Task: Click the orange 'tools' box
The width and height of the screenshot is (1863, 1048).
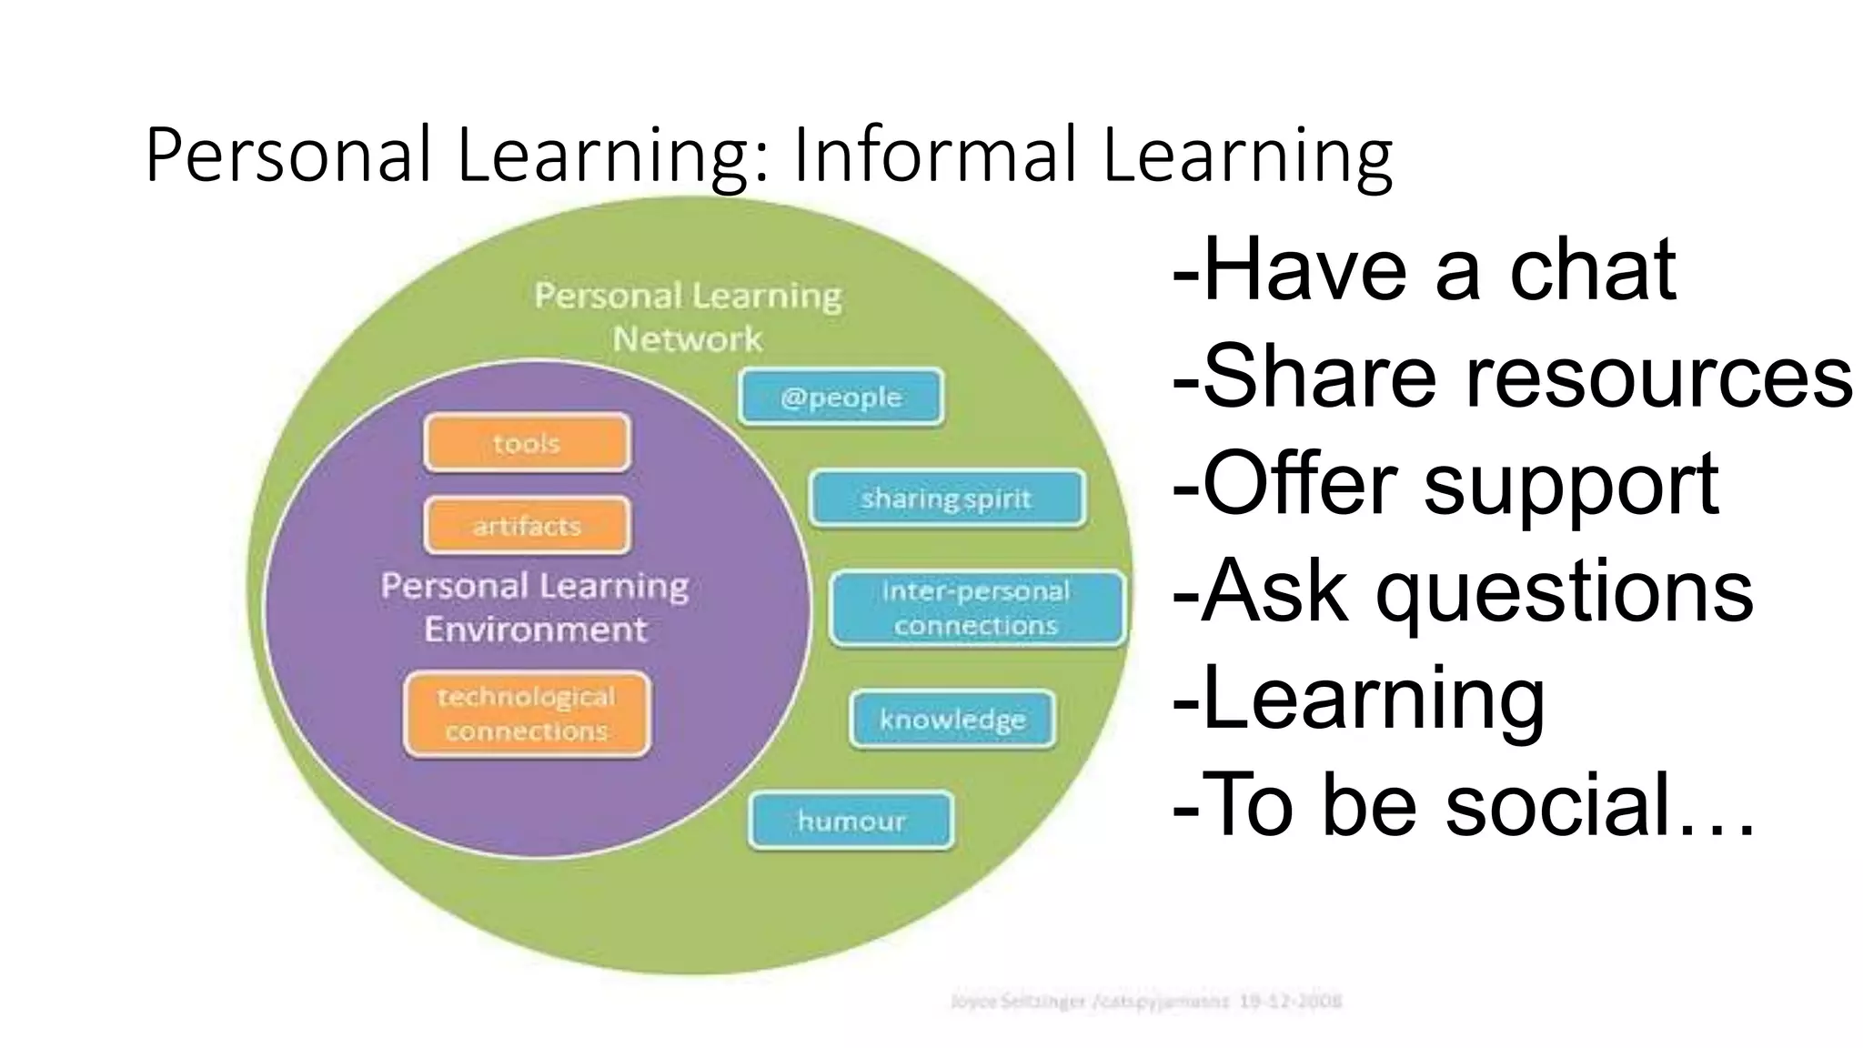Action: pyautogui.click(x=527, y=443)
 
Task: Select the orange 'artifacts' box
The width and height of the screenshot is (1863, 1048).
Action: pyautogui.click(x=527, y=526)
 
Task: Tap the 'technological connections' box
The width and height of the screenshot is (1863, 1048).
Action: pyautogui.click(x=527, y=714)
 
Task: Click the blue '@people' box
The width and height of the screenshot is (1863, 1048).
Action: pyautogui.click(x=841, y=397)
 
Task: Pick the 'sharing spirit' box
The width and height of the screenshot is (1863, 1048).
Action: pyautogui.click(x=946, y=499)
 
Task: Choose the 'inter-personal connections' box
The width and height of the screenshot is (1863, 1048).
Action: pyautogui.click(x=976, y=608)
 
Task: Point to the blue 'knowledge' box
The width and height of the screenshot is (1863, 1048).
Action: pyautogui.click(x=952, y=720)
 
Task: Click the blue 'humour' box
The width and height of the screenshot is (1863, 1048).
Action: pyautogui.click(x=851, y=821)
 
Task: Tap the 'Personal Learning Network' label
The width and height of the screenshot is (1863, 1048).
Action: pyautogui.click(x=688, y=317)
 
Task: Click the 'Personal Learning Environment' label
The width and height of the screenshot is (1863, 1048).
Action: pyautogui.click(x=535, y=607)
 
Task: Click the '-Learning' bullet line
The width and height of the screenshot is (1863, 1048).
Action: pyautogui.click(x=1360, y=699)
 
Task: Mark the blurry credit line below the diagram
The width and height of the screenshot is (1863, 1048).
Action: pyautogui.click(x=1146, y=1002)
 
